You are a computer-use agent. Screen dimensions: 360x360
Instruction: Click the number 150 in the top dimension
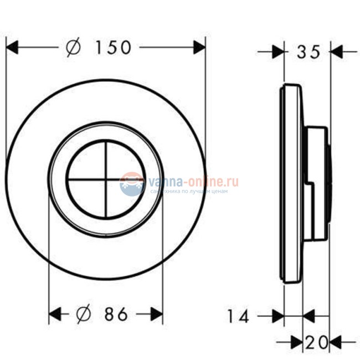pos(113,48)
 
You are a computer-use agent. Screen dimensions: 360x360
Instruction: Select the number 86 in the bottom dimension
pos(116,315)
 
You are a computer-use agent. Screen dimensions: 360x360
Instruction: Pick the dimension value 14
pos(238,316)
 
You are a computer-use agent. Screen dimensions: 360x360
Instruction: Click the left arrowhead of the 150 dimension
pos(12,48)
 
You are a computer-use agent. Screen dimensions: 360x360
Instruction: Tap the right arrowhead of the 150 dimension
pos(199,48)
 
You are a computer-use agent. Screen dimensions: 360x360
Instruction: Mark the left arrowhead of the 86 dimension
pos(55,315)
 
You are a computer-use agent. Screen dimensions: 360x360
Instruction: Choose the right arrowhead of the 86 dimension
pos(157,315)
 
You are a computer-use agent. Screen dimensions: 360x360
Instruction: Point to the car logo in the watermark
pos(132,183)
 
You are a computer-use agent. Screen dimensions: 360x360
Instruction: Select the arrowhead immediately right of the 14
pos(277,316)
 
